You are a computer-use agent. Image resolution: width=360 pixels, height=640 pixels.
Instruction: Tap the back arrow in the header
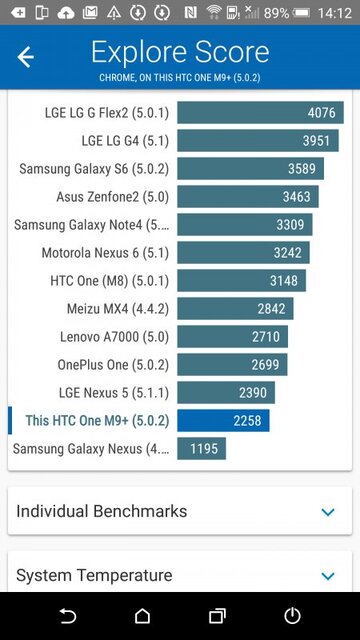click(26, 57)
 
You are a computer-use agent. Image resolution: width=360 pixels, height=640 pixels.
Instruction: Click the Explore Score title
click(180, 52)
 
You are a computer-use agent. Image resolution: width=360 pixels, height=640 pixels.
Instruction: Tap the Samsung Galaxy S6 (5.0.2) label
click(93, 169)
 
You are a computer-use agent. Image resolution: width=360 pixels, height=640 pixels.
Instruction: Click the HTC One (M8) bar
click(241, 281)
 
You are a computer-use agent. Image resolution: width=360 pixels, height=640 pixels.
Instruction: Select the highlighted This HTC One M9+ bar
click(223, 421)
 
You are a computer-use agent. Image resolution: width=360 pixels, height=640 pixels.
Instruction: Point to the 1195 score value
click(203, 449)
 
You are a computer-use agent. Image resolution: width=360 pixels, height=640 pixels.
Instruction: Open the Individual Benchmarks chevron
click(327, 512)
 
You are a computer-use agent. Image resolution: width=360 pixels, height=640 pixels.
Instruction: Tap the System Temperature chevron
click(327, 576)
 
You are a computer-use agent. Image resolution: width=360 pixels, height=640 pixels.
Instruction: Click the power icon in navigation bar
click(292, 615)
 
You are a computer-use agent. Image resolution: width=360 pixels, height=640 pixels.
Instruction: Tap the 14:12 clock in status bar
click(335, 13)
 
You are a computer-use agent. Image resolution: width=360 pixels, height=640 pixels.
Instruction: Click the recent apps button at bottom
click(217, 615)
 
